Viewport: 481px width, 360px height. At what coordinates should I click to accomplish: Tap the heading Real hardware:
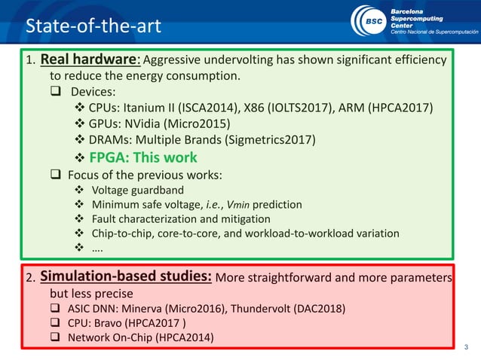coord(90,59)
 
